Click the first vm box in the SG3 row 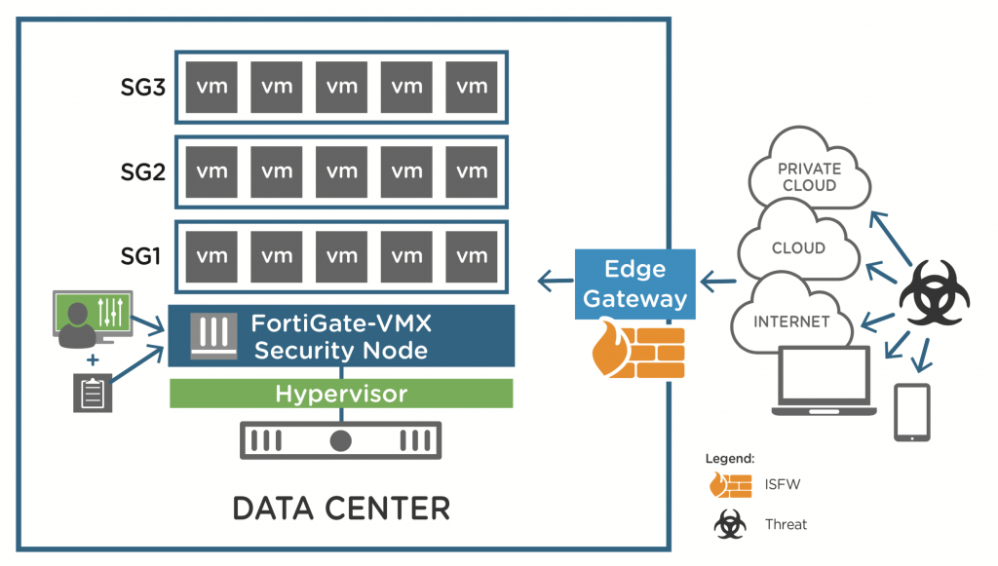tap(211, 87)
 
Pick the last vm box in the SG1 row tap(472, 256)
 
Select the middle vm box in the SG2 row tap(342, 171)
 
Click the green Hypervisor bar tap(340, 394)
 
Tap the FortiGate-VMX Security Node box tap(340, 335)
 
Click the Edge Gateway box tap(634, 283)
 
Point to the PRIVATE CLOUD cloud tap(809, 176)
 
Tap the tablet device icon tap(911, 412)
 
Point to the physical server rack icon tap(340, 440)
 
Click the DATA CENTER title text tap(340, 508)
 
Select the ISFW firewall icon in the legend tap(730, 485)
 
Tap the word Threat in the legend tap(786, 524)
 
